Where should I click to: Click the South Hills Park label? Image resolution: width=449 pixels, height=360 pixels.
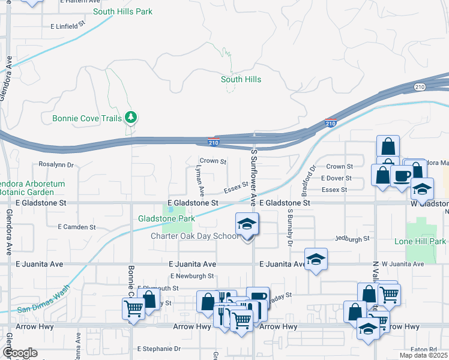pyautogui.click(x=122, y=11)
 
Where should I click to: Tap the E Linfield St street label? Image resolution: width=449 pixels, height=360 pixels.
pyautogui.click(x=69, y=26)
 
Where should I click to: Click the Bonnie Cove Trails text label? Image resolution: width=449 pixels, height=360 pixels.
pyautogui.click(x=86, y=118)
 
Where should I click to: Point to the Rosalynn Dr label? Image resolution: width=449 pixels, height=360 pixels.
pyautogui.click(x=56, y=164)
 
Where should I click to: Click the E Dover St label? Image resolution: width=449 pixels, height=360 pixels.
pyautogui.click(x=336, y=178)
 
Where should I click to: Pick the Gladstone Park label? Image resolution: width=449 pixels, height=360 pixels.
pyautogui.click(x=167, y=218)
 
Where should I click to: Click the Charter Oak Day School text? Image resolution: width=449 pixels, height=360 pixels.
pyautogui.click(x=195, y=236)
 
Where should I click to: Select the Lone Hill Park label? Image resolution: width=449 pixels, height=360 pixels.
pyautogui.click(x=420, y=241)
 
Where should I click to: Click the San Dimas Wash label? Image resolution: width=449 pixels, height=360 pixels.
pyautogui.click(x=40, y=309)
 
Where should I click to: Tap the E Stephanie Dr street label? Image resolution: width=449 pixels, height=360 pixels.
pyautogui.click(x=159, y=348)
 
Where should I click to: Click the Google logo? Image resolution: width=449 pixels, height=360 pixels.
pyautogui.click(x=19, y=353)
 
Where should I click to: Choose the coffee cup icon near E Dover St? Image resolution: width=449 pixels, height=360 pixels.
pyautogui.click(x=402, y=176)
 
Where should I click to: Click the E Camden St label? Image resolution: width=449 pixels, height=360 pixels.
pyautogui.click(x=77, y=227)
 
